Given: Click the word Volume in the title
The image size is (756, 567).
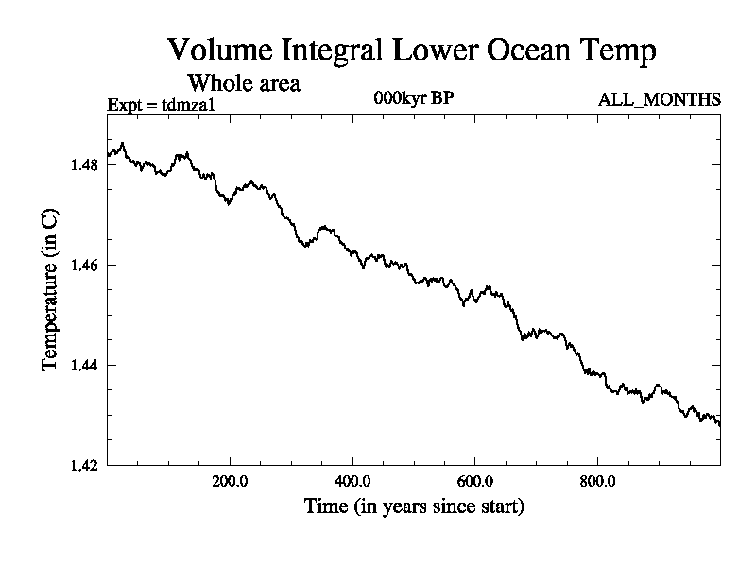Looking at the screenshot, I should [x=217, y=49].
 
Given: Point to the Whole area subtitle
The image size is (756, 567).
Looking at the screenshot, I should [x=245, y=83].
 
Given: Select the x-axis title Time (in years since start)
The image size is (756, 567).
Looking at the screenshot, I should [x=414, y=507].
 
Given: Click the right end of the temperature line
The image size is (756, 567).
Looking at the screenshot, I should [x=719, y=425].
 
